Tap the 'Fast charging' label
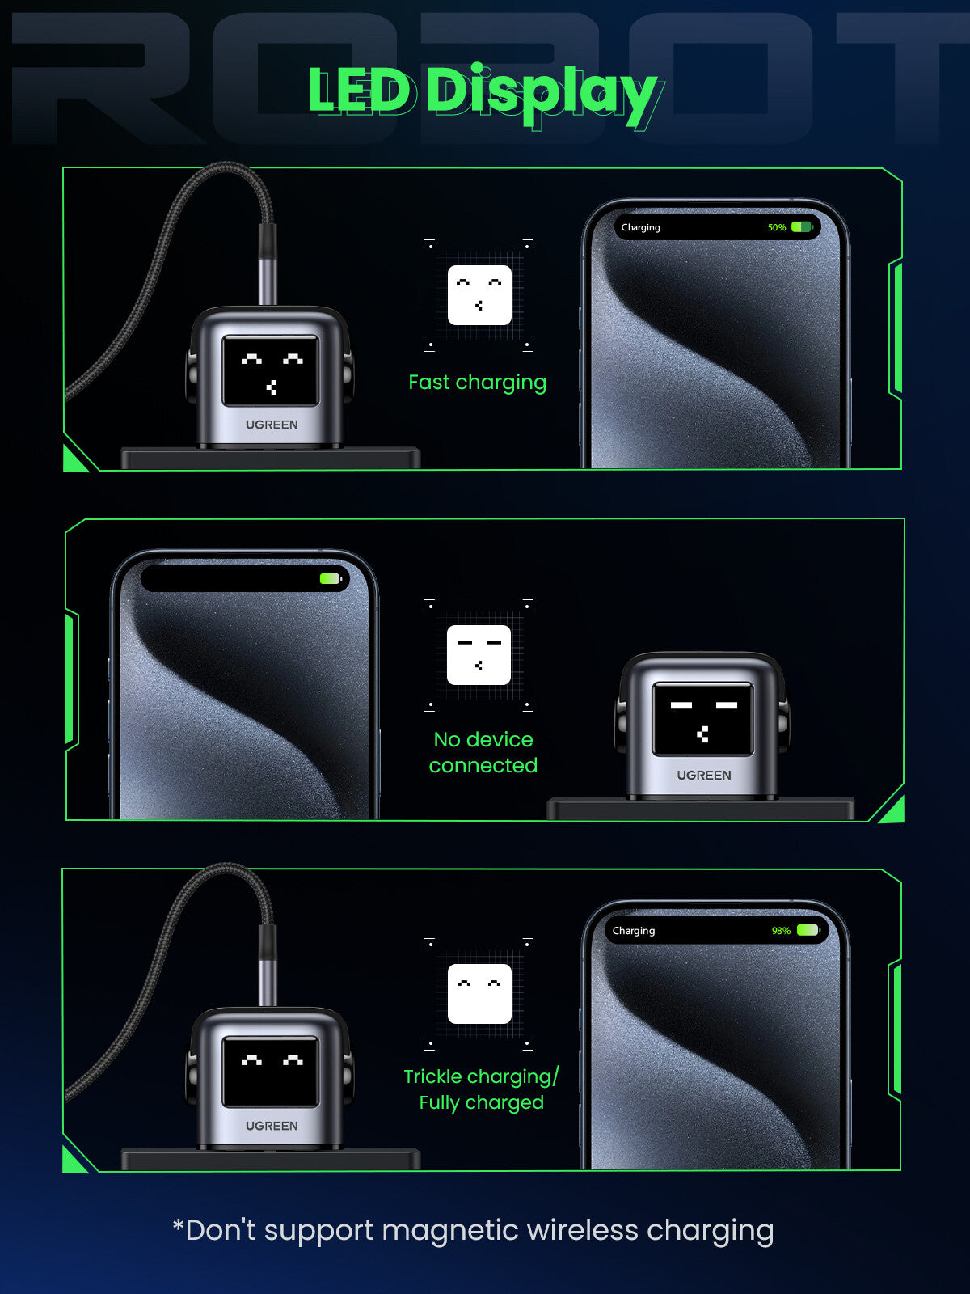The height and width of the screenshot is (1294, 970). (477, 383)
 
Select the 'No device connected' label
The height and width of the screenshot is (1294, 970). (483, 752)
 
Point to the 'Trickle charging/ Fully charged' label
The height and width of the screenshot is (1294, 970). (481, 1089)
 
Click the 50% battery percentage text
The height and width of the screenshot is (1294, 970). (777, 227)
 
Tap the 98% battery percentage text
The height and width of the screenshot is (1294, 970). (781, 931)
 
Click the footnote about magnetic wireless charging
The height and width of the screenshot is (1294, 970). (473, 1230)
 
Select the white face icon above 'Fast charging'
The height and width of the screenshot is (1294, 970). (479, 294)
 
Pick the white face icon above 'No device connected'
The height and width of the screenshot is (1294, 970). (479, 654)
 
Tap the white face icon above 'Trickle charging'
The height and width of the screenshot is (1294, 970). (479, 994)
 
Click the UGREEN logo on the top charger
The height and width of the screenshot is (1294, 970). (272, 425)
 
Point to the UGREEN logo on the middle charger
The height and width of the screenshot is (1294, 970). (704, 776)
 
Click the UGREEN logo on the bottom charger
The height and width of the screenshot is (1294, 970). (272, 1126)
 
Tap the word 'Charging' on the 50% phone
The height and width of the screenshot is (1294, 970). (641, 227)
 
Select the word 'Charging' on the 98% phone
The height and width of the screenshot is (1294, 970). (634, 931)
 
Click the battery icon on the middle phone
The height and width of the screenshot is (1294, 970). (331, 579)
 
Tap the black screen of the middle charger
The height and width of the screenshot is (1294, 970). (702, 719)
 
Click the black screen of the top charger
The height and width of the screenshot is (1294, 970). (271, 370)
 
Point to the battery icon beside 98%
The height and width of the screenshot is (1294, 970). (808, 930)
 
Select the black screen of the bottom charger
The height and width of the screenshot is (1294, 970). (271, 1071)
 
